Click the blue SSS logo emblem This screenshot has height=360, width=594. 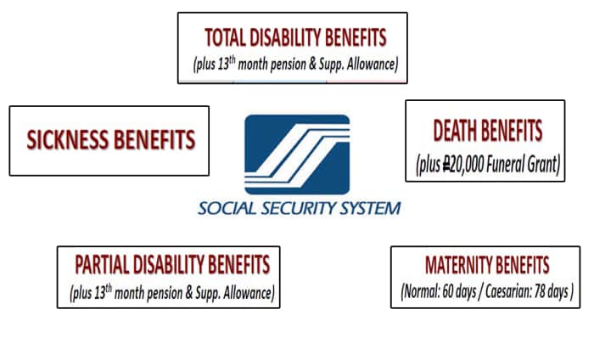click(x=297, y=155)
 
